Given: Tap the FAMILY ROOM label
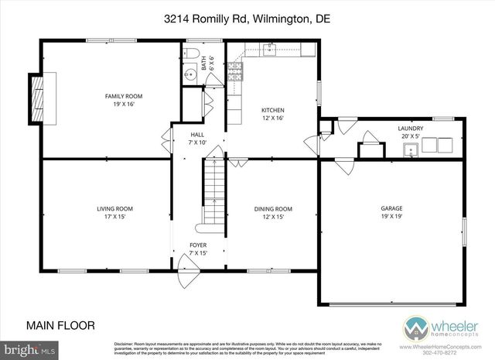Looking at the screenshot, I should click(x=124, y=96).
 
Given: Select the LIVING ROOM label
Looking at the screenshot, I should click(x=114, y=208).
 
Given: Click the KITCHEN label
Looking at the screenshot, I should click(x=272, y=110).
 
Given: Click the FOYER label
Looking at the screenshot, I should click(x=198, y=245).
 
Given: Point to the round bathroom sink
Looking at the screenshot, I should click(x=191, y=75).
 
